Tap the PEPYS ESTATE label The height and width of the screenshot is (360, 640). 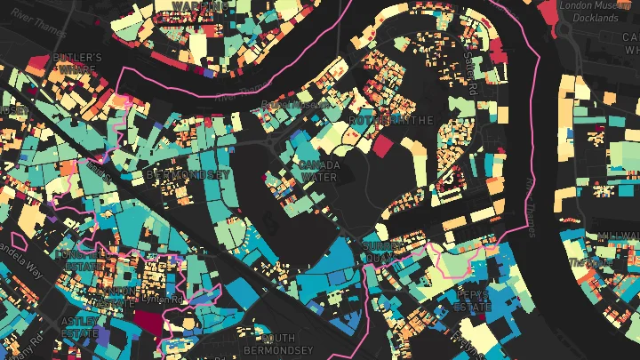point(472,300)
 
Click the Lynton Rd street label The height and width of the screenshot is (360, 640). point(164,300)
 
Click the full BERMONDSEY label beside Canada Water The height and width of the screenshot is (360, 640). point(187,175)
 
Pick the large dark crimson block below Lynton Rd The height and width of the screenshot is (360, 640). point(151,322)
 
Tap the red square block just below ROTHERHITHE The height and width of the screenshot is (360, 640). point(381,146)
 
